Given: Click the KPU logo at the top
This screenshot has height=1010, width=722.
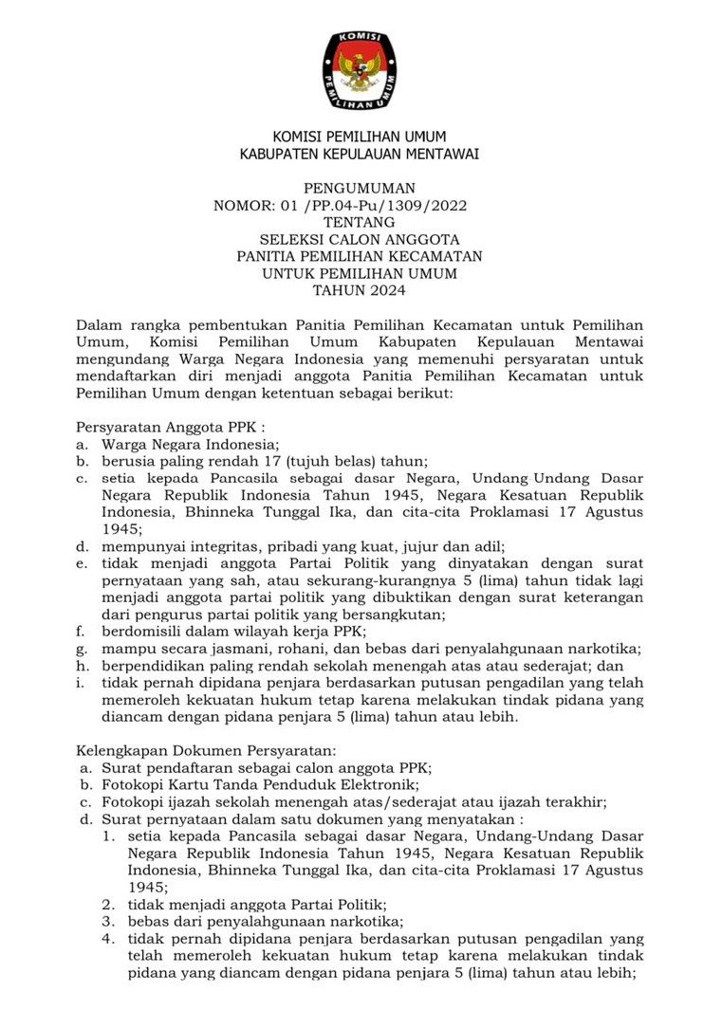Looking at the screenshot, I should point(361,70).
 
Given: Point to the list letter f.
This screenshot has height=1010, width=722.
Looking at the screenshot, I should point(82,632).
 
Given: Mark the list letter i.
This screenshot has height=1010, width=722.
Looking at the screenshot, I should point(82,683).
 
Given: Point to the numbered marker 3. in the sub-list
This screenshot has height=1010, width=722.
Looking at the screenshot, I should point(110,922).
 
